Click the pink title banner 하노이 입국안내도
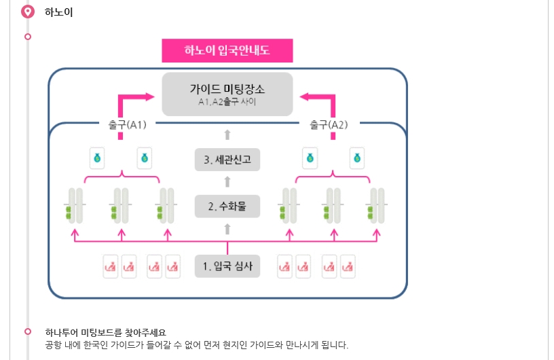(x=227, y=50)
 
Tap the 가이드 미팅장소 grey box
(x=227, y=94)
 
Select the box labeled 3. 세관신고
(x=227, y=160)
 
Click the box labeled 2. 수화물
(x=227, y=206)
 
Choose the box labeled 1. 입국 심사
(x=227, y=266)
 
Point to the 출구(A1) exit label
(x=127, y=125)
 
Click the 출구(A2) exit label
(x=329, y=125)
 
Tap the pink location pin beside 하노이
(x=28, y=12)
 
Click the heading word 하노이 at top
(x=58, y=12)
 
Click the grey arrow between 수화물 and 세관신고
(x=227, y=182)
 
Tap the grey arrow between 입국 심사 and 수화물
(x=227, y=229)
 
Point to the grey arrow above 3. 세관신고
(x=227, y=134)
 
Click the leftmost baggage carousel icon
(x=75, y=206)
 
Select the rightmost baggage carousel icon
(x=377, y=206)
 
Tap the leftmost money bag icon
(x=97, y=158)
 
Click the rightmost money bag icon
(x=357, y=158)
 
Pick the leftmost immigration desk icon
(x=110, y=266)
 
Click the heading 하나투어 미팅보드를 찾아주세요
(x=106, y=332)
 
